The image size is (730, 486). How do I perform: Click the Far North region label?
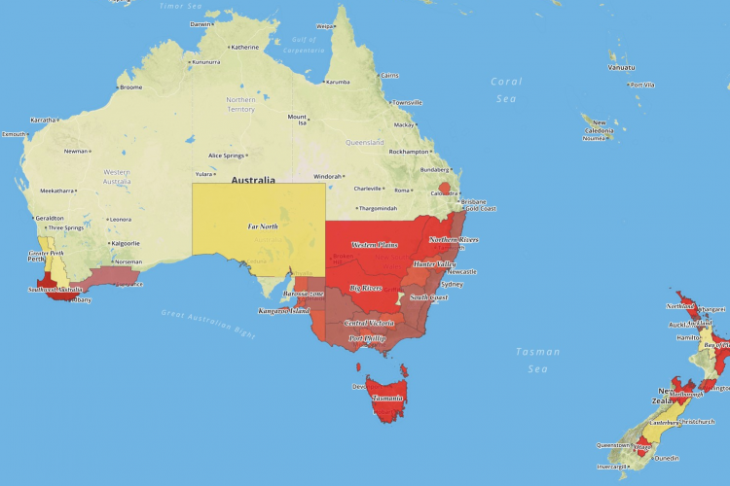pyautogui.click(x=262, y=226)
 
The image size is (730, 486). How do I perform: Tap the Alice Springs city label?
pyautogui.click(x=231, y=156)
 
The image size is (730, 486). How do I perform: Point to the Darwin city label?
pyautogui.click(x=201, y=24)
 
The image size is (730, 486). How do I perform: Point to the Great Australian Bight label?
pyautogui.click(x=207, y=324)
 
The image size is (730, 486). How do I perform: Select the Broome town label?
pyautogui.click(x=129, y=87)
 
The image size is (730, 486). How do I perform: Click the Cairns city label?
pyautogui.click(x=389, y=75)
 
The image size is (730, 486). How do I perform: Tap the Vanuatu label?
pyautogui.click(x=623, y=68)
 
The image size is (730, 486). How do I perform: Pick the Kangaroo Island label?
pyautogui.click(x=283, y=311)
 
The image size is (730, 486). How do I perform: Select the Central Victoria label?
pyautogui.click(x=369, y=322)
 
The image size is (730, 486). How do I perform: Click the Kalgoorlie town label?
pyautogui.click(x=127, y=243)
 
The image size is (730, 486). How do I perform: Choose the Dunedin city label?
pyautogui.click(x=667, y=457)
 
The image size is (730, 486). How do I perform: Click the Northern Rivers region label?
pyautogui.click(x=454, y=239)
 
